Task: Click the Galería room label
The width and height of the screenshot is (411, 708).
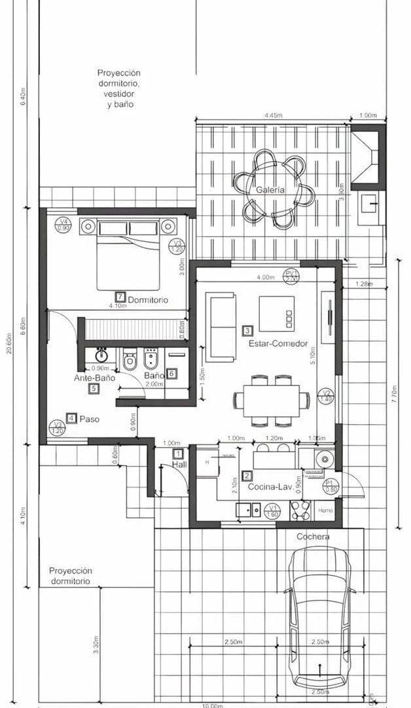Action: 270,189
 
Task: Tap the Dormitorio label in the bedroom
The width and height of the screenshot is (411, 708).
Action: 148,300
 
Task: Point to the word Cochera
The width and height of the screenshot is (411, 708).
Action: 313,536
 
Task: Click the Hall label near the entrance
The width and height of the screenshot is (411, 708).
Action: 179,464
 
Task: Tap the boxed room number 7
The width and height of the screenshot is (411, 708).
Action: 120,296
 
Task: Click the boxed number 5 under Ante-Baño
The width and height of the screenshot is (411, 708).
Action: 94,389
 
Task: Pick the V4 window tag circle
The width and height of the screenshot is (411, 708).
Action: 63,225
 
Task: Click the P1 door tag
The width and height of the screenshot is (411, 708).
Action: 332,486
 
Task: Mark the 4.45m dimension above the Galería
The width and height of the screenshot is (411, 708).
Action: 274,115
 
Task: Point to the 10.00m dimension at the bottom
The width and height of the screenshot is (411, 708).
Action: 212,705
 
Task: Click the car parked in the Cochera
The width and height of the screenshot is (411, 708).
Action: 320,616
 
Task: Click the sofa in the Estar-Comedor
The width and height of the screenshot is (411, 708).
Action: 221,326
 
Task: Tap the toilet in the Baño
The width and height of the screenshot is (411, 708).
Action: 129,359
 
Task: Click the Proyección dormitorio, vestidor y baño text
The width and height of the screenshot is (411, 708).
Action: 119,88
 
